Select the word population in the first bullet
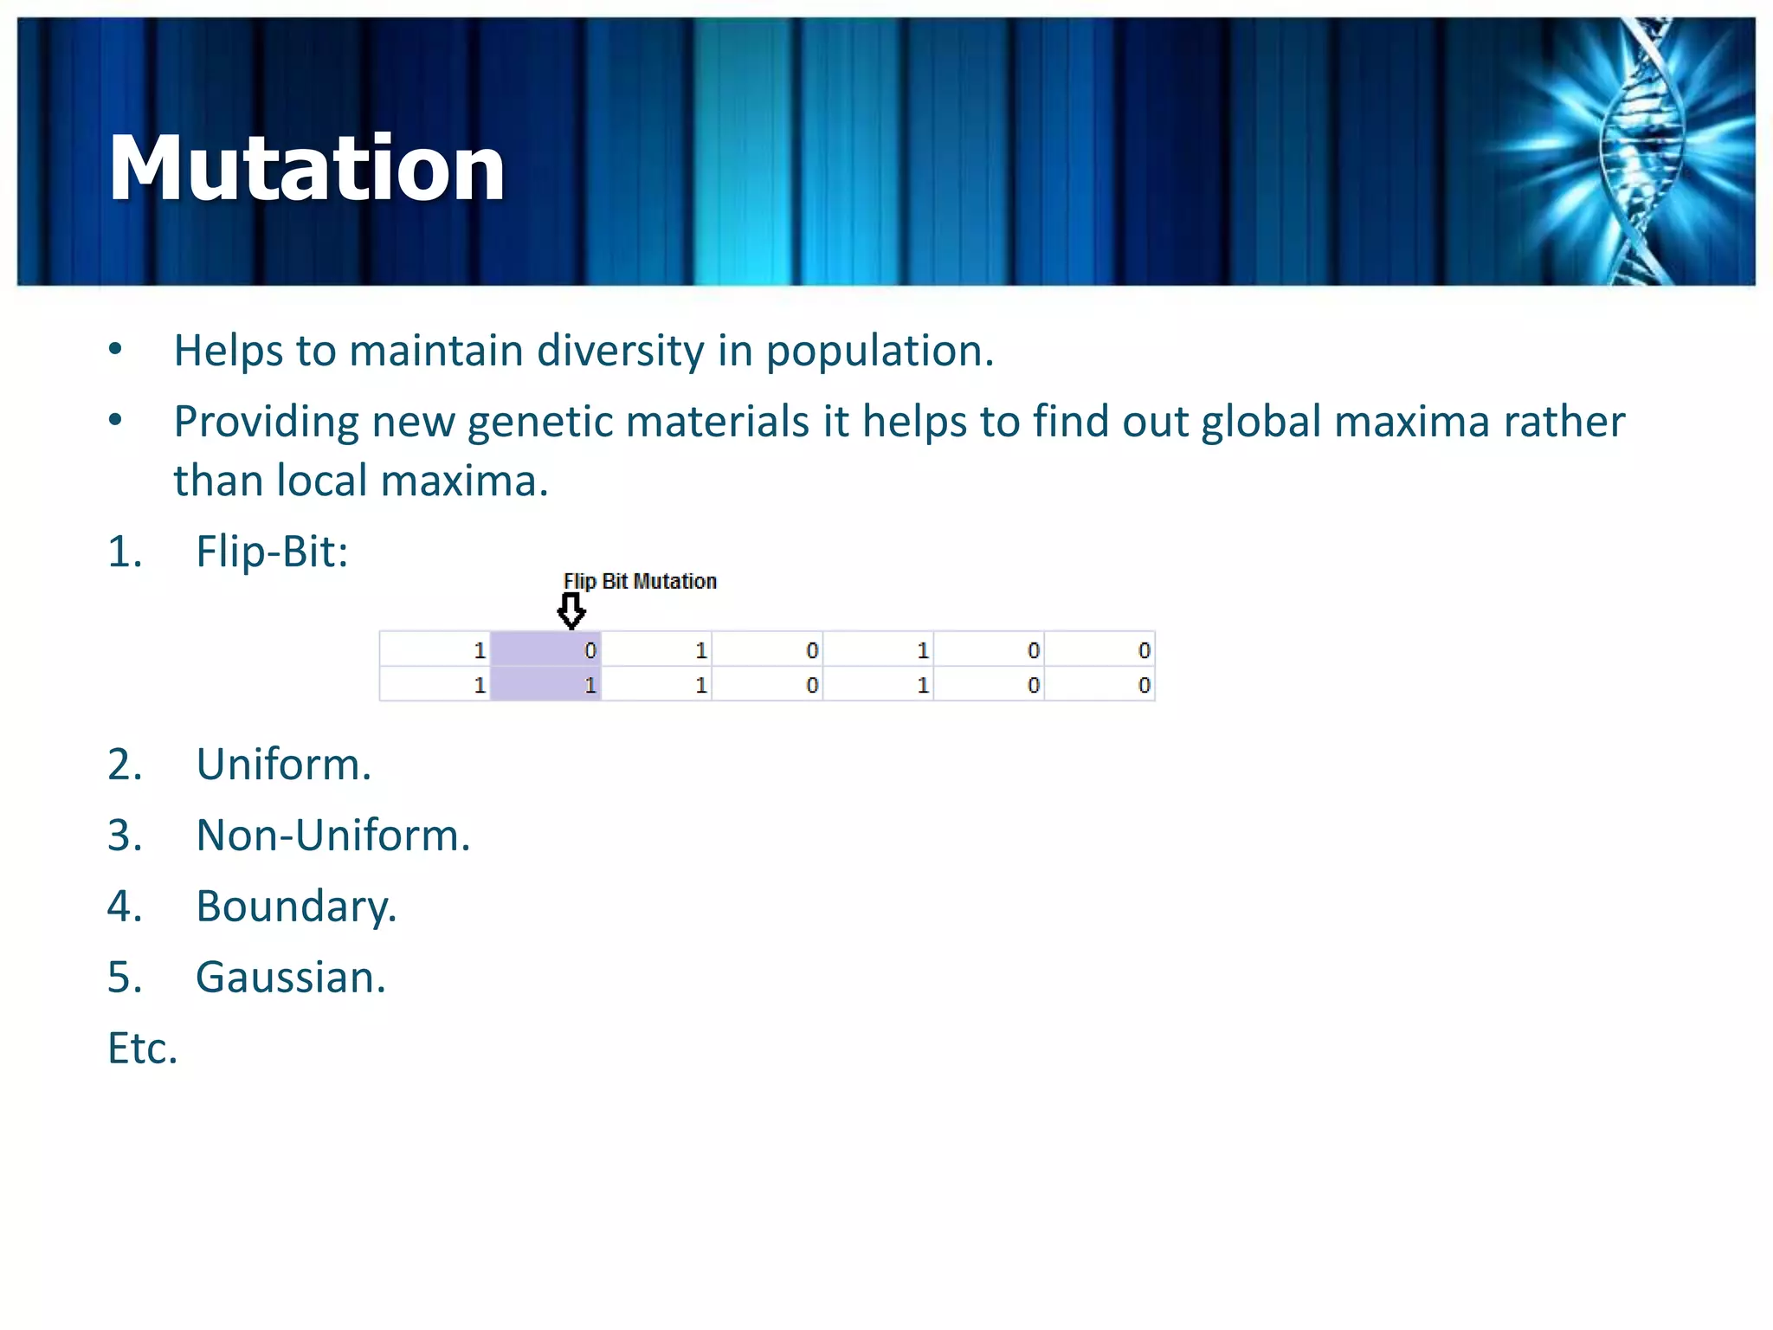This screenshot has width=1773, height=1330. [878, 351]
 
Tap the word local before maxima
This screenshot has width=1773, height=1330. [322, 481]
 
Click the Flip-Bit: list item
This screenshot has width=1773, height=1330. [271, 552]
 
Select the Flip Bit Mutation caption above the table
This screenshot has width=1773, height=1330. [640, 581]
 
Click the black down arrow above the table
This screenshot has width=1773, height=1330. [571, 611]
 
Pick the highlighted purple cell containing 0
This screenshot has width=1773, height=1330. [545, 650]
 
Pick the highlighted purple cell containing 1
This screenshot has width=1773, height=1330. [545, 685]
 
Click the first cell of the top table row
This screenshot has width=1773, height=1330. [435, 650]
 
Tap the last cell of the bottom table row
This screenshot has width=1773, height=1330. [1099, 685]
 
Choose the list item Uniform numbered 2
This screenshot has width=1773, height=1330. [283, 765]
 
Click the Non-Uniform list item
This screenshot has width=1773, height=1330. [332, 836]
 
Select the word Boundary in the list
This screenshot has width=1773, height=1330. [295, 907]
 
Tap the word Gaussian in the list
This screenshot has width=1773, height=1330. [290, 978]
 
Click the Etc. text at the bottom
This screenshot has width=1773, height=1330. [143, 1049]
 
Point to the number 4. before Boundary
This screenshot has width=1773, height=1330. [125, 907]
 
